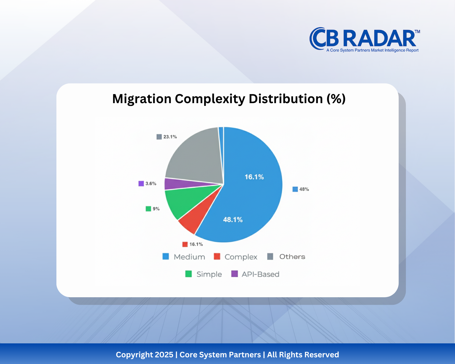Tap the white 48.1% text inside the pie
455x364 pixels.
(x=233, y=220)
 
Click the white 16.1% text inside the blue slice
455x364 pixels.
(x=254, y=177)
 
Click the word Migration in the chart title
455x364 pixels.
(x=142, y=99)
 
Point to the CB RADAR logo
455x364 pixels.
(x=364, y=39)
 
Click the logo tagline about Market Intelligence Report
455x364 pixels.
(x=372, y=50)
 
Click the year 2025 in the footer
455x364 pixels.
(x=164, y=355)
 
